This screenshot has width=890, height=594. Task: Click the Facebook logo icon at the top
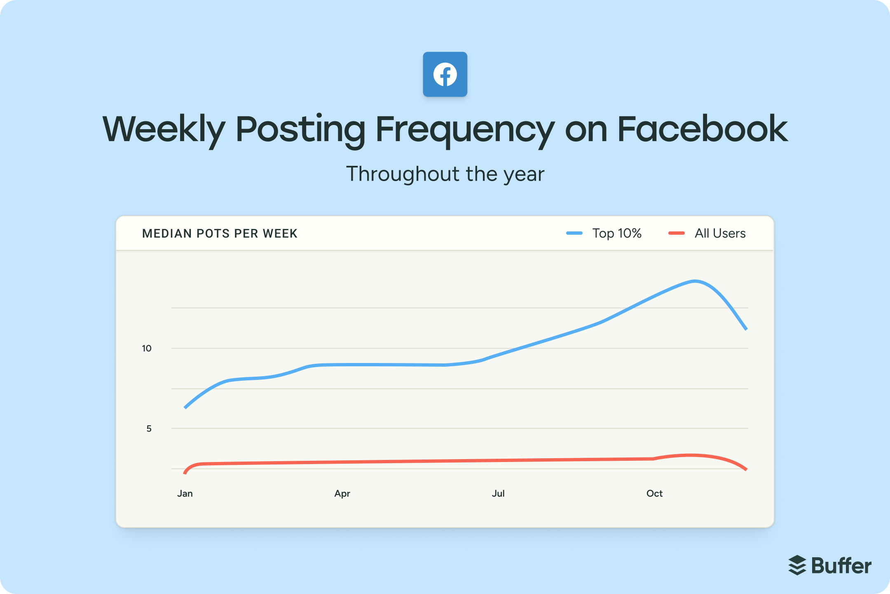pos(445,74)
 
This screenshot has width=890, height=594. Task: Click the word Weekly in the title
pos(164,130)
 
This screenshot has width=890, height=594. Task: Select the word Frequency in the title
pos(465,130)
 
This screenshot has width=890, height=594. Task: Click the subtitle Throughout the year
pos(445,174)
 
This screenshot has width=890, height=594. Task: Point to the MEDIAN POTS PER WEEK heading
pos(220,233)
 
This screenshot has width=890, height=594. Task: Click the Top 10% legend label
pos(617,233)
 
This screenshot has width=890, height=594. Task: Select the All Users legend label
pos(720,233)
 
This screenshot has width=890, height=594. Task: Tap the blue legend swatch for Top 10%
pos(574,233)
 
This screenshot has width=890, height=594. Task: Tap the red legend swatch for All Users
pos(676,233)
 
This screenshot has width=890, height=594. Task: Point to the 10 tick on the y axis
pos(147,349)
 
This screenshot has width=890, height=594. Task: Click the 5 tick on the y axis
pos(149,429)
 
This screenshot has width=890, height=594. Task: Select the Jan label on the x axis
pos(185,494)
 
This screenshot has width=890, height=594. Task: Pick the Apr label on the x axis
pos(342,494)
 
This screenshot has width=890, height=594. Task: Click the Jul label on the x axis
pos(498,494)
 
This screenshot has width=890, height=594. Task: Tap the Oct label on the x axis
pos(654,494)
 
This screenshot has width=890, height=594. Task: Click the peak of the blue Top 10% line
pos(695,281)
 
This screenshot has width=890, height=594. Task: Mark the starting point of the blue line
pos(185,408)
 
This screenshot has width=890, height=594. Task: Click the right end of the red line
pos(746,469)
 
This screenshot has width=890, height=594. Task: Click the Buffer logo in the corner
pos(830,566)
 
